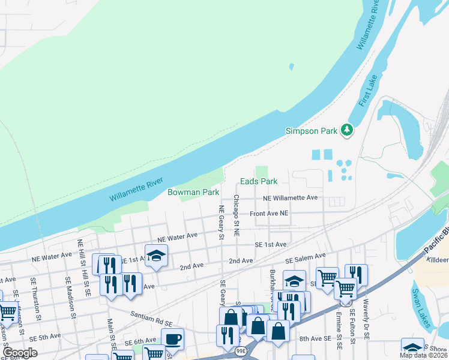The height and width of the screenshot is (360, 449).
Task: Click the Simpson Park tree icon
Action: (x=346, y=130)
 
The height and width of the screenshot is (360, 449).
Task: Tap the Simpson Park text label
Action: (x=312, y=130)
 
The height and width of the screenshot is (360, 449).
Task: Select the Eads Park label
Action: (x=259, y=181)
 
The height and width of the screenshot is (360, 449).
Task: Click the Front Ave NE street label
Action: (x=270, y=213)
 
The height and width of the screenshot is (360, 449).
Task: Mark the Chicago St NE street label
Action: (x=237, y=216)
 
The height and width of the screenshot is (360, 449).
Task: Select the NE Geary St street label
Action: (x=221, y=222)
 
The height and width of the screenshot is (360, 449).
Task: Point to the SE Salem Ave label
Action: (x=305, y=258)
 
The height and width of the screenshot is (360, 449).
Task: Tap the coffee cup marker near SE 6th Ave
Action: (x=173, y=339)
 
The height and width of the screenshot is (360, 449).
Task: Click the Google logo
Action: (x=20, y=353)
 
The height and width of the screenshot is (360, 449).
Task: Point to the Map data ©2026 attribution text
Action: (x=421, y=355)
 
